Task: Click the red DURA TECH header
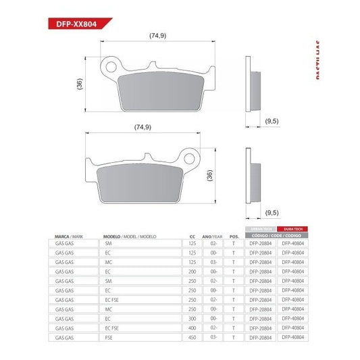tap(293, 230)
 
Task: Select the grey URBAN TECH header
tap(261, 230)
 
